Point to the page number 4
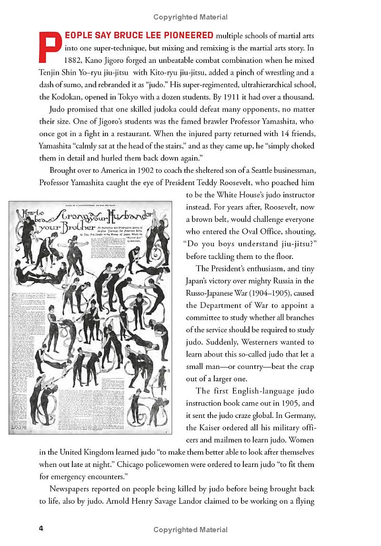point(42,529)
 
